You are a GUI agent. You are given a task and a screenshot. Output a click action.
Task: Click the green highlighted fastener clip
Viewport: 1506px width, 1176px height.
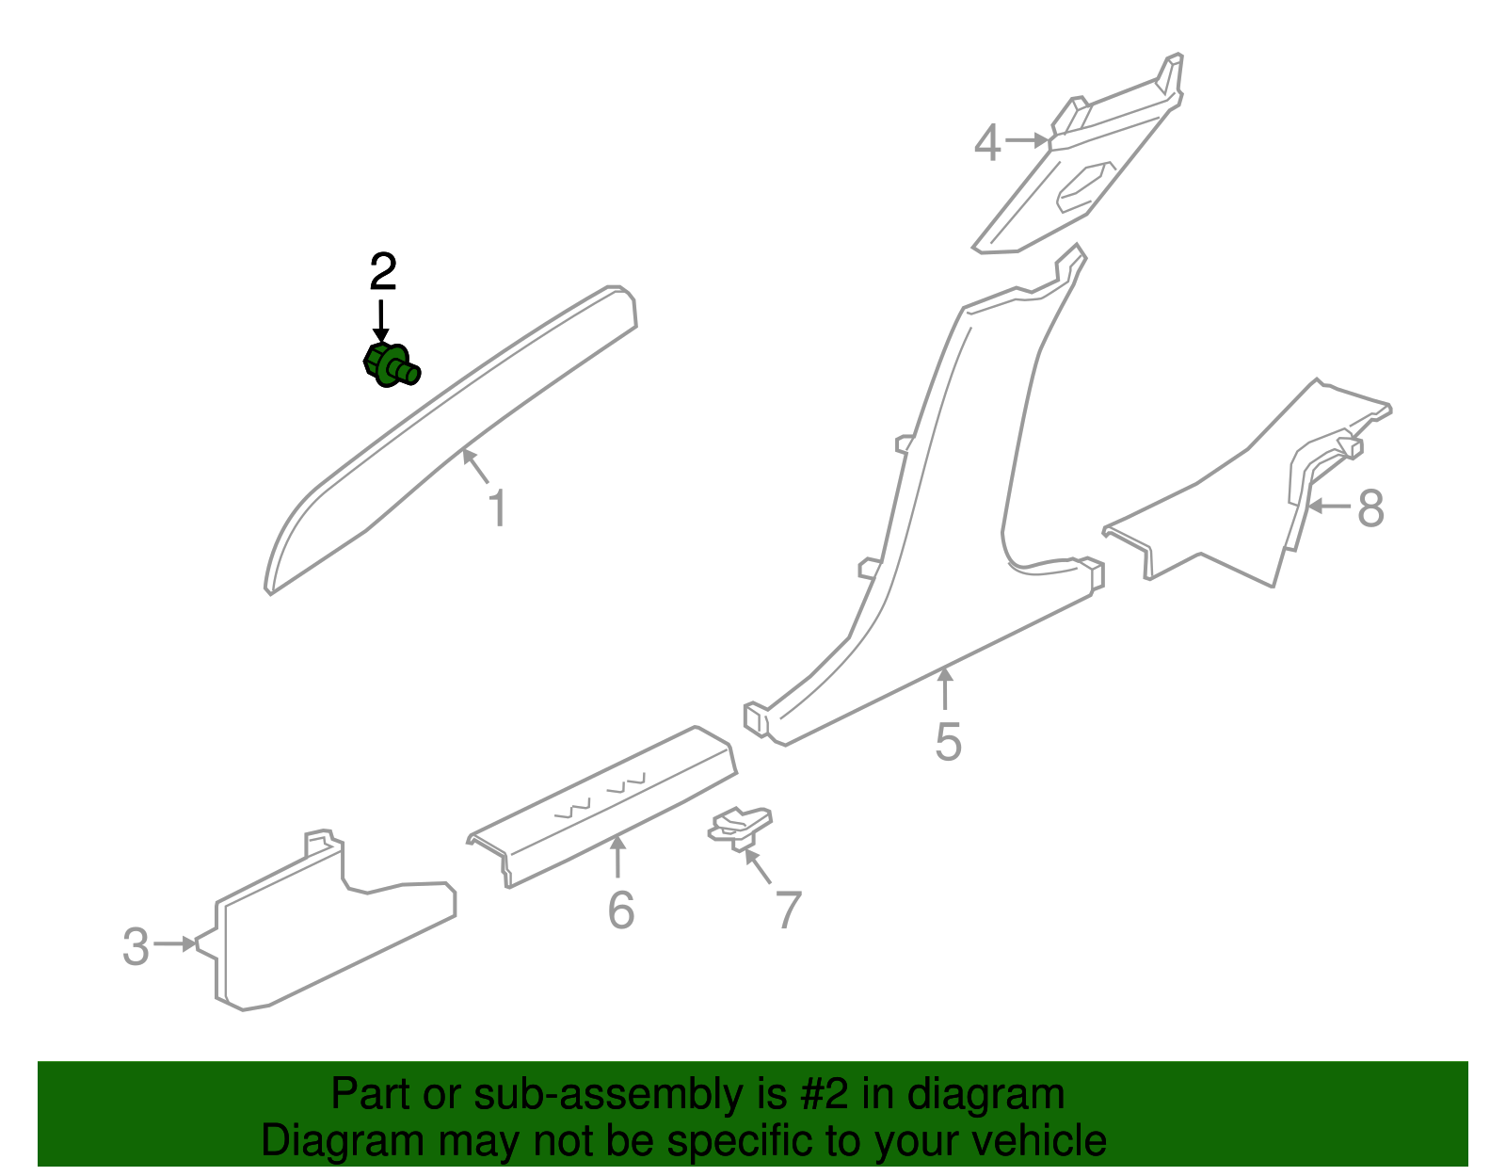coord(391,365)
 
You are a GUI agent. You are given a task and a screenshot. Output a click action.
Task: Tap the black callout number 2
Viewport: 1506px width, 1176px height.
coord(382,273)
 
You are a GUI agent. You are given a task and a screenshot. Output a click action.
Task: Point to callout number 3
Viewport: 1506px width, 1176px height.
coord(136,946)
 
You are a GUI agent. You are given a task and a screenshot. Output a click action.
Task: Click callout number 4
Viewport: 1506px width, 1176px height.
coord(986,144)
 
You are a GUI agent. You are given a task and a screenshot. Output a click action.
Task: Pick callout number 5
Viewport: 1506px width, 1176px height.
coord(948,742)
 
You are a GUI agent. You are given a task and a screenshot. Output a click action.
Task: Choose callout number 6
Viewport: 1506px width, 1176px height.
coord(620,910)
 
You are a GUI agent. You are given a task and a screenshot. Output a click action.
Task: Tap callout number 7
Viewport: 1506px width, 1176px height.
coord(788,910)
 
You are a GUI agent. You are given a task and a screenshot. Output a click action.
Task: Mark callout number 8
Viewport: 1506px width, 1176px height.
coord(1370,508)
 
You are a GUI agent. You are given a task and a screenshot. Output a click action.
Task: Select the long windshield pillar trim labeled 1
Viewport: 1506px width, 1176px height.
coord(452,433)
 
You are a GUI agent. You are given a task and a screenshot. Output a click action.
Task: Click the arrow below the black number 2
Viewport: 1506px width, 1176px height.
coord(381,321)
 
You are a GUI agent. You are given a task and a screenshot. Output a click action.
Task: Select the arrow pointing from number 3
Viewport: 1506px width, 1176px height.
coord(177,943)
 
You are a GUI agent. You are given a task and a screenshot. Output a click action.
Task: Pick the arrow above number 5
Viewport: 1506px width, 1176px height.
coord(945,688)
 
